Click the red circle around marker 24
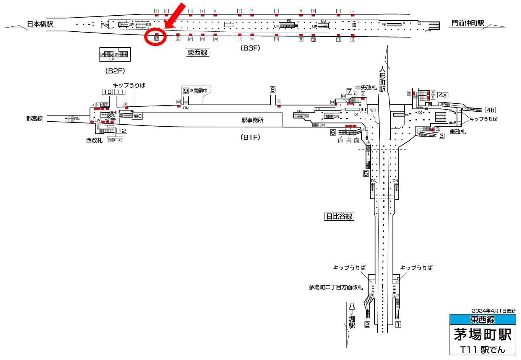(x=156, y=37)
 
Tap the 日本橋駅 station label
(x=40, y=24)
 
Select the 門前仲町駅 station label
(x=467, y=23)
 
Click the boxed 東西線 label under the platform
(x=197, y=53)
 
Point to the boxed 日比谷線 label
(x=339, y=217)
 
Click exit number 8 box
(x=273, y=90)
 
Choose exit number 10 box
(x=107, y=92)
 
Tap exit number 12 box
(x=122, y=131)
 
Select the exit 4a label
(x=443, y=95)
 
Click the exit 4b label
(x=490, y=110)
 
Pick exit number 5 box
(x=366, y=174)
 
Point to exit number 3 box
(x=441, y=136)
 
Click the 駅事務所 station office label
(x=252, y=120)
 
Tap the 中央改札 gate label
(x=366, y=88)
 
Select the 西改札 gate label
(x=94, y=140)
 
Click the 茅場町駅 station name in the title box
(x=482, y=335)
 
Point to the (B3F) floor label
(x=250, y=48)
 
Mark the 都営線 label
(x=34, y=119)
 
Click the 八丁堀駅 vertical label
(x=352, y=316)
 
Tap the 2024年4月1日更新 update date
(x=493, y=311)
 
